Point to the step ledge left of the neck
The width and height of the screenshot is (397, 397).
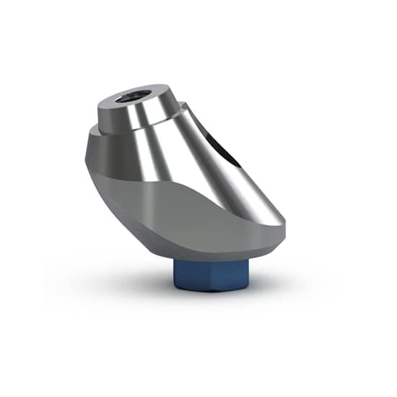pos(96,132)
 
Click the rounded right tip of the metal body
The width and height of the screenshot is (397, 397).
pos(282,217)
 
